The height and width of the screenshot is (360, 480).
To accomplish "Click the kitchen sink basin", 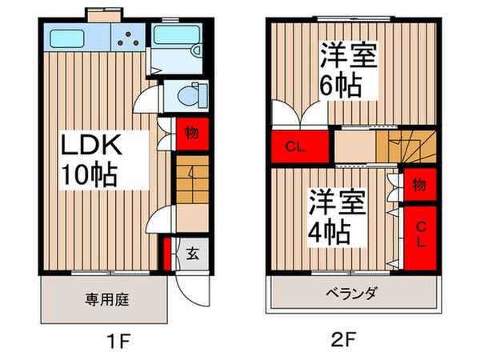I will pyautogui.click(x=74, y=37).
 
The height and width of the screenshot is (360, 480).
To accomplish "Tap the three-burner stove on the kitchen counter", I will pyautogui.click(x=127, y=36).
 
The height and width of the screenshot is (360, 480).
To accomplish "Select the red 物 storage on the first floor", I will pyautogui.click(x=192, y=131).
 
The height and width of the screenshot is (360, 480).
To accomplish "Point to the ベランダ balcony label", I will pyautogui.click(x=353, y=294).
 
